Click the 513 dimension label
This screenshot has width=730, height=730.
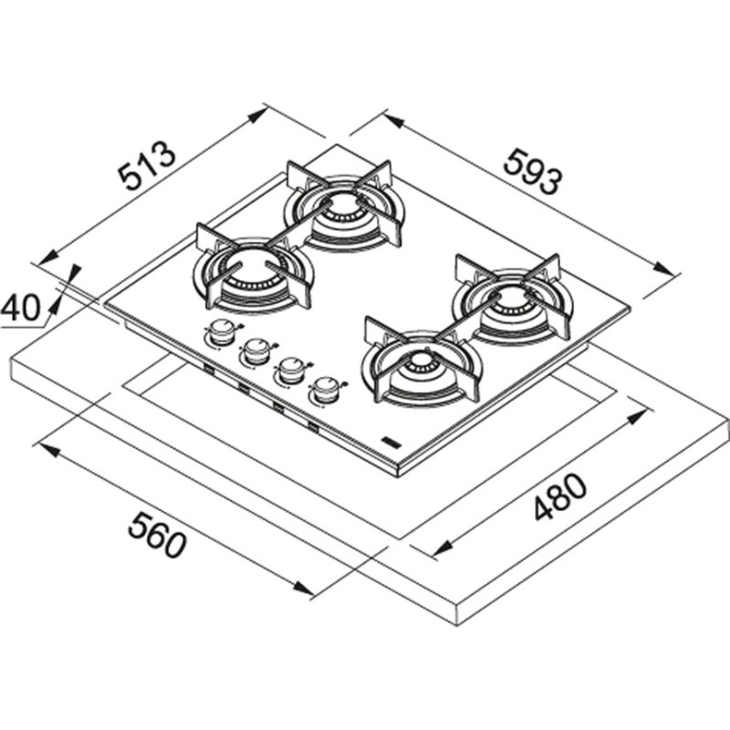click(148, 166)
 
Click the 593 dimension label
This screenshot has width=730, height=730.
click(534, 171)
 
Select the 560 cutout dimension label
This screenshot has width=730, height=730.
click(157, 535)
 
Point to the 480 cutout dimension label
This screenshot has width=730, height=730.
click(560, 497)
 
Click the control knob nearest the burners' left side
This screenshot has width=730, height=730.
click(222, 332)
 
